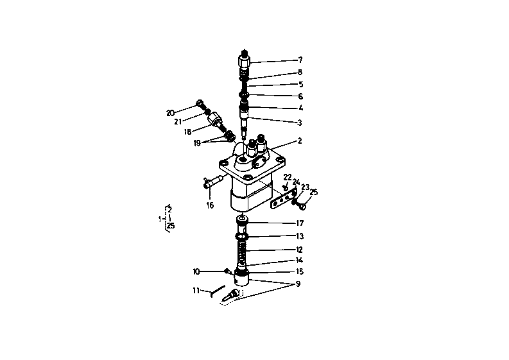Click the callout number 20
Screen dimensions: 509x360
(170, 113)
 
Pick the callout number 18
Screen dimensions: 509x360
(188, 131)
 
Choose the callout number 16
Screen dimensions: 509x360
(209, 205)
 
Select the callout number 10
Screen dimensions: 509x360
(196, 271)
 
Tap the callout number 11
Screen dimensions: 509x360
(196, 291)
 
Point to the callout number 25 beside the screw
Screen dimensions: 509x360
(314, 192)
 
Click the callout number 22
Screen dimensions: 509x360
(288, 177)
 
